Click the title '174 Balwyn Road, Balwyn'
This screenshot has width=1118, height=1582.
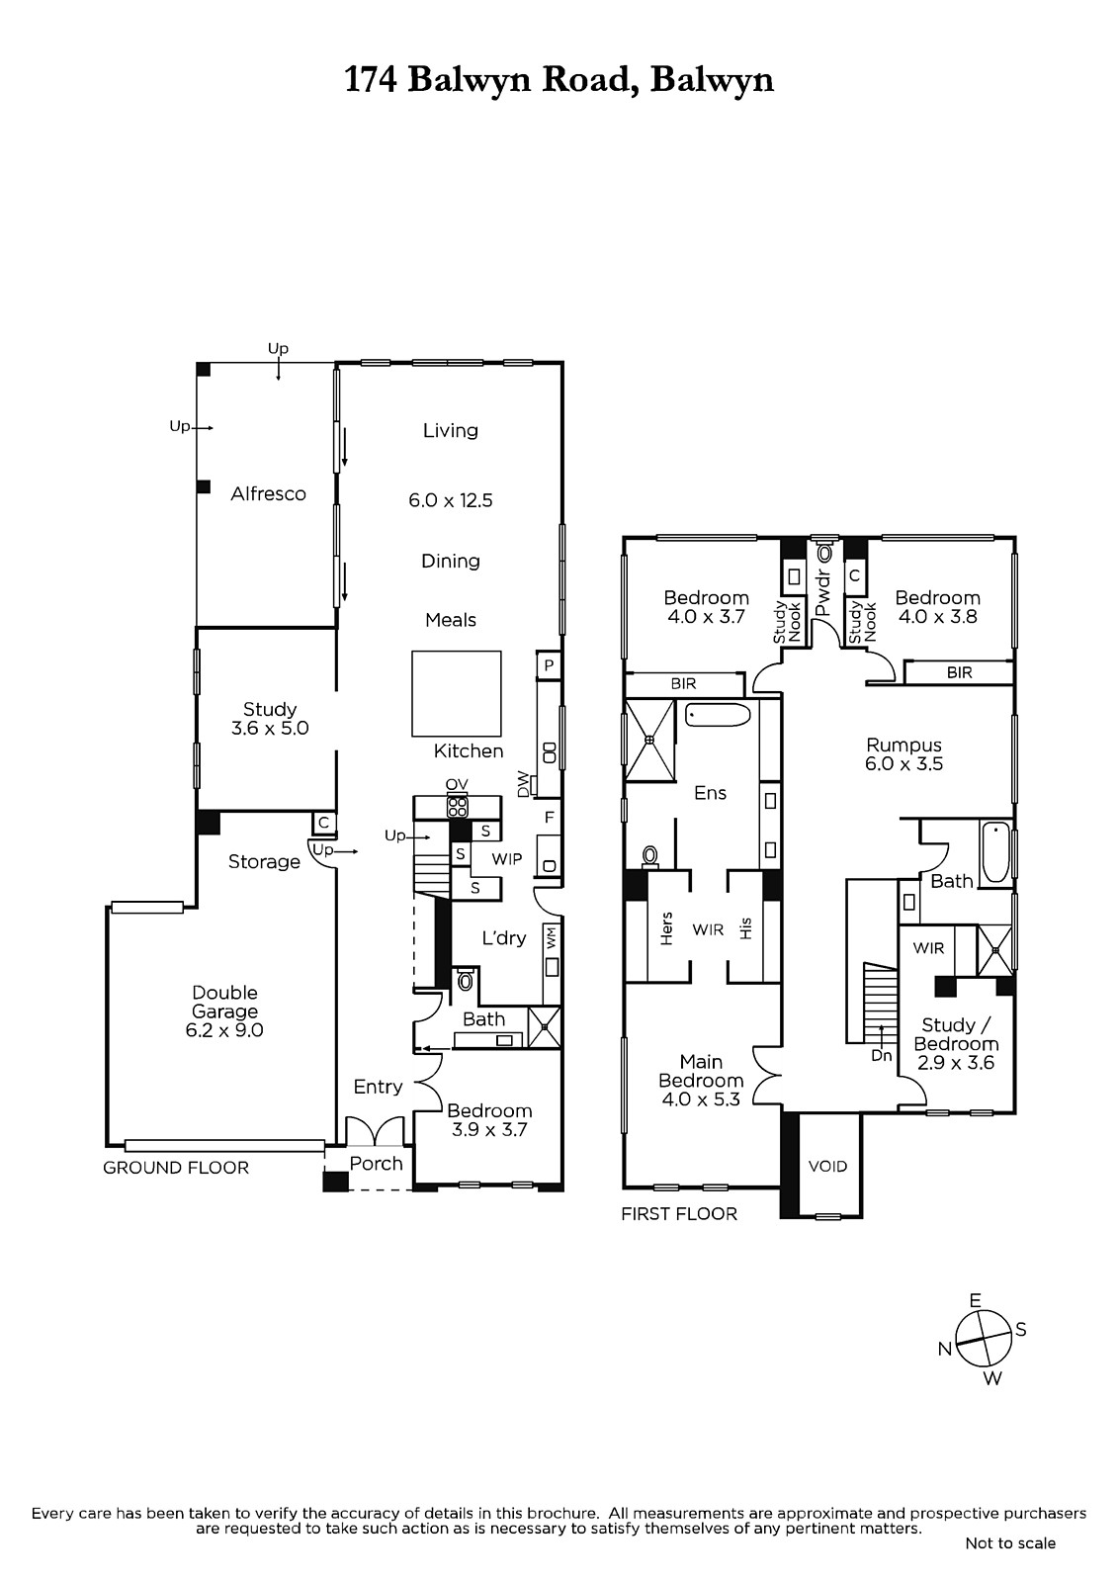(x=559, y=80)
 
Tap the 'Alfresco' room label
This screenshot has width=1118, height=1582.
(x=268, y=493)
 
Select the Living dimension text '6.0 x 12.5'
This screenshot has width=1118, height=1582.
(x=451, y=500)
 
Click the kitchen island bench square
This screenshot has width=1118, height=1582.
(x=457, y=693)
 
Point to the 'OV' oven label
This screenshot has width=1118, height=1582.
(x=457, y=785)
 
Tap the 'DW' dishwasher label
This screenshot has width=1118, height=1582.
(x=524, y=783)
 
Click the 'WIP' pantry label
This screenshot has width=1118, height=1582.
(x=507, y=859)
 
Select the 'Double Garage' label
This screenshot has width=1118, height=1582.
(x=224, y=1003)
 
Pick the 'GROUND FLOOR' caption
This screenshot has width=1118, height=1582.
(x=176, y=1168)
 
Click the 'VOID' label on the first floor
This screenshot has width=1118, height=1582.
(x=827, y=1166)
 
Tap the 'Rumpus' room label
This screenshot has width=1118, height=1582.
(x=904, y=746)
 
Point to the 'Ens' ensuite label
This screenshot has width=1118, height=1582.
(x=711, y=793)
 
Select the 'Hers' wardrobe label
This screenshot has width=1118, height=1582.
(x=666, y=928)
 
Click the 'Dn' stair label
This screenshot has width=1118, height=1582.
(x=882, y=1056)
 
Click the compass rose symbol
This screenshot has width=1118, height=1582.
(x=984, y=1339)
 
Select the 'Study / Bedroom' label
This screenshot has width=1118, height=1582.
(x=956, y=1034)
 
